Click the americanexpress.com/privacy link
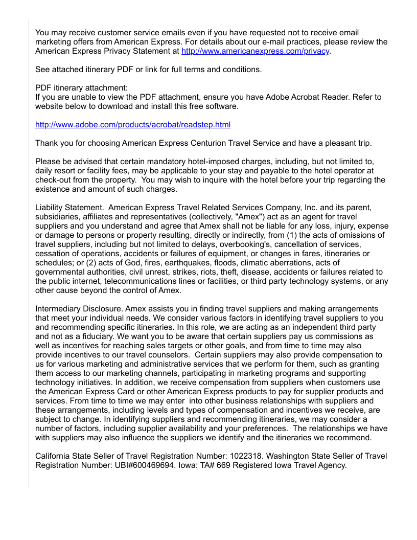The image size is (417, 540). click(255, 52)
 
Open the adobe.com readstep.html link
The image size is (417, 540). click(132, 125)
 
